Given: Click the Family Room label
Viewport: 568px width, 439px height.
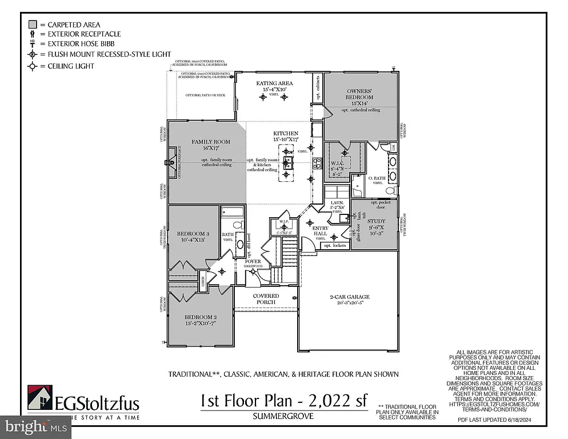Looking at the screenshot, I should pos(210,142).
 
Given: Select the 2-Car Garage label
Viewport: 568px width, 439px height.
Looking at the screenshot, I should pos(349,297).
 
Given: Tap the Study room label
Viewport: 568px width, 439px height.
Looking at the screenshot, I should pos(376,221).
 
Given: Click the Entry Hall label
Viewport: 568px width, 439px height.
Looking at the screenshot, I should pos(320,230).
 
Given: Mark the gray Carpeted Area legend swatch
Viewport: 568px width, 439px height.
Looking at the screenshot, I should pos(33,25).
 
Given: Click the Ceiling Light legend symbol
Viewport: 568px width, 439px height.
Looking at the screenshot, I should pos(33,66).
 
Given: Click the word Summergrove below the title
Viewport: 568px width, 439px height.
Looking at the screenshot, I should pos(283,416).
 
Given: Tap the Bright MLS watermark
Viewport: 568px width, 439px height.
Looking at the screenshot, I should pos(34,426).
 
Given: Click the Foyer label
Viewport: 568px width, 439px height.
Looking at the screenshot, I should pos(254,261).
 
